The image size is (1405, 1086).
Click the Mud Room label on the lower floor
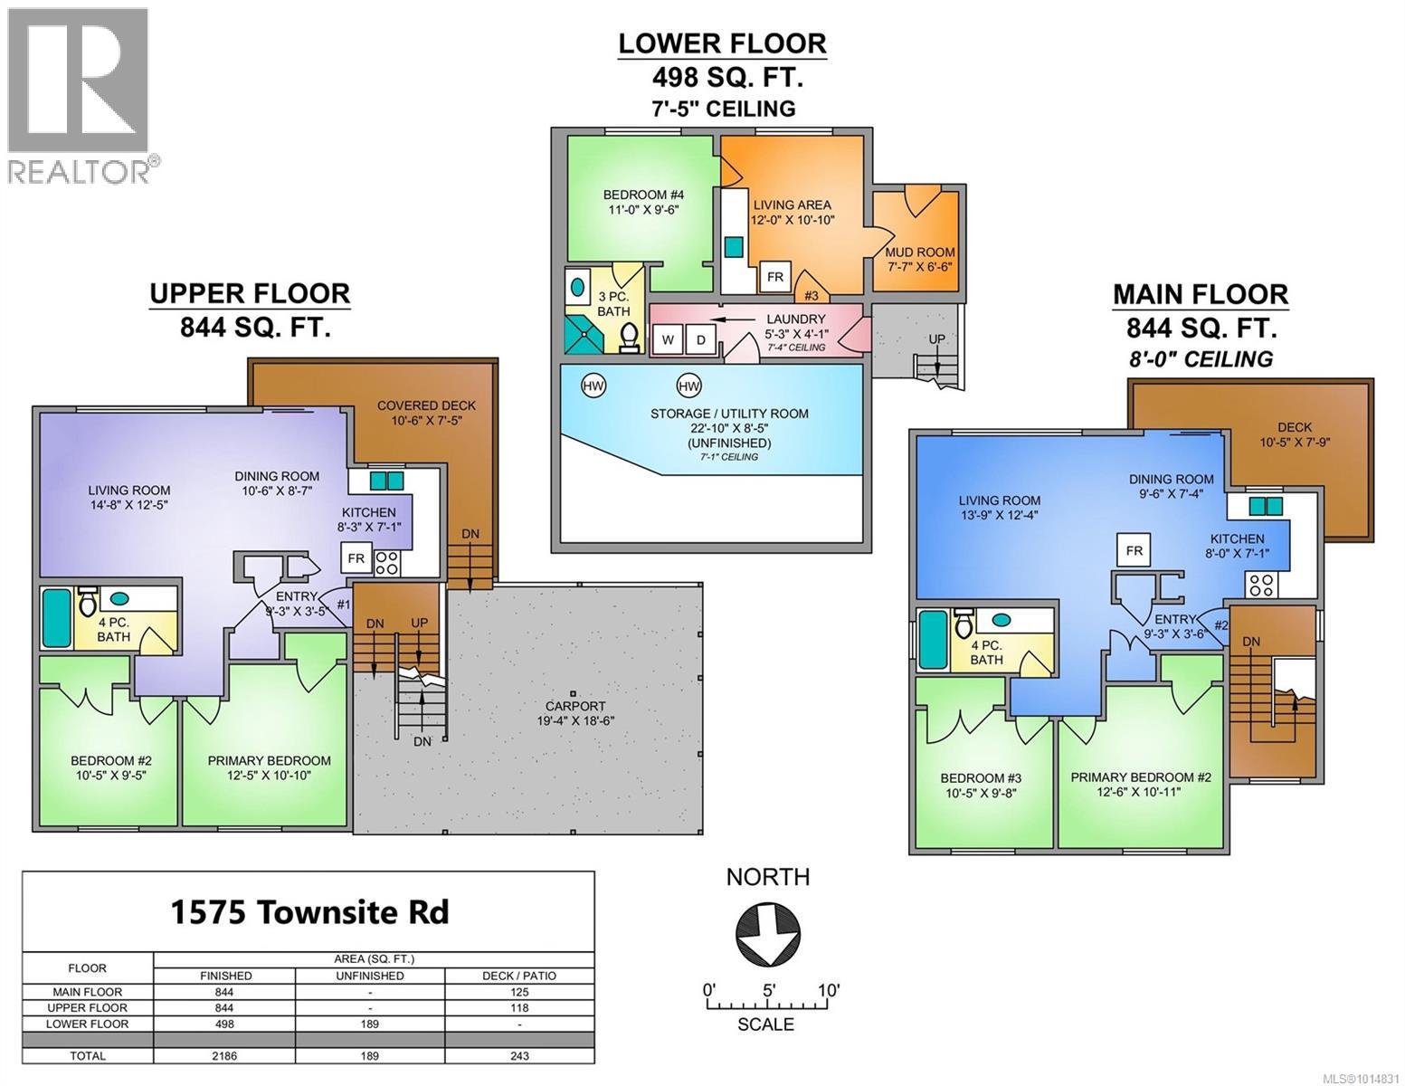920,260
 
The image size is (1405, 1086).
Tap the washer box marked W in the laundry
668,340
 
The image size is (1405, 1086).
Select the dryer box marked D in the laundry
700,340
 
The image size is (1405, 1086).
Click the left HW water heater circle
593,386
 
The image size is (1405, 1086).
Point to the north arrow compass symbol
767,933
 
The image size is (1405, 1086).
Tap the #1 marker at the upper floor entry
343,605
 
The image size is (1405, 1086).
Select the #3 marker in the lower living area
812,295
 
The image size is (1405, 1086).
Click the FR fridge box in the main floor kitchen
1134,550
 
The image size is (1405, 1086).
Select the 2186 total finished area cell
225,1055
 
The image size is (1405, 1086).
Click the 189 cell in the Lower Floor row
370,1024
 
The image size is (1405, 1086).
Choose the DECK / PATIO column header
519,976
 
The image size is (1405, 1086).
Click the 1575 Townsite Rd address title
309,912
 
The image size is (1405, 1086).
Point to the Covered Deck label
425,413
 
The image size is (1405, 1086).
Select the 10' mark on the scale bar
828,990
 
